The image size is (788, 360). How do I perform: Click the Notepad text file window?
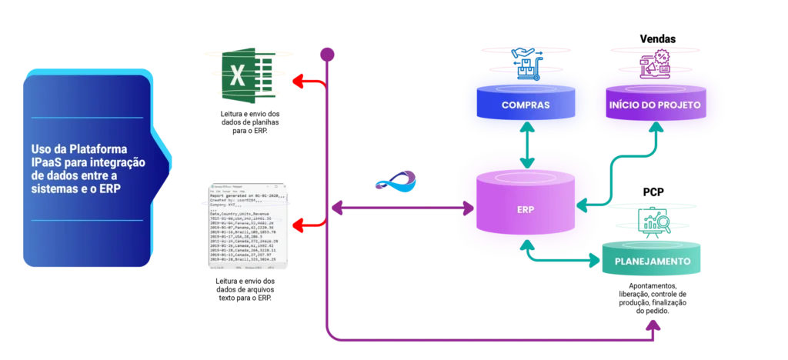249,224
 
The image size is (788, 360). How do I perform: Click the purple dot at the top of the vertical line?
327,54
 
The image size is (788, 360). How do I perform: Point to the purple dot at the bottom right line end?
654,326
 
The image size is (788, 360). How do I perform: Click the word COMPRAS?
525,105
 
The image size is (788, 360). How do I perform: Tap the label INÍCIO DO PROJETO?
654,105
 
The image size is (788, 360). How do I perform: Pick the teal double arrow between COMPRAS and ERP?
526,148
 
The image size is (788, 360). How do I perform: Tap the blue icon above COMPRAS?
526,63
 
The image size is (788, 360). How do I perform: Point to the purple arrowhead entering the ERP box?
467,208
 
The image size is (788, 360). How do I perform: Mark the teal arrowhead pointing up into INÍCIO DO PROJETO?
655,128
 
